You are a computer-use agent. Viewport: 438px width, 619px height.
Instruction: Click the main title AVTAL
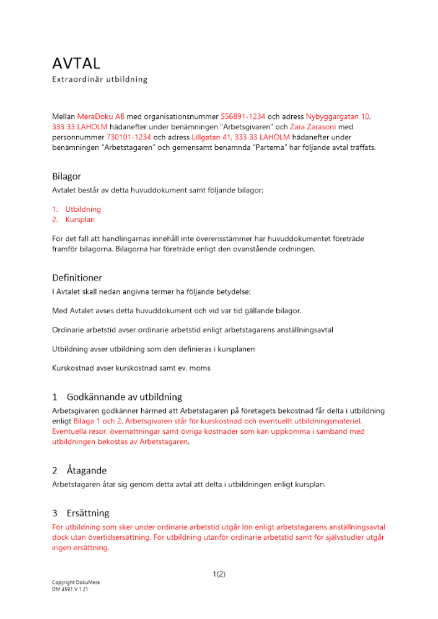click(x=76, y=63)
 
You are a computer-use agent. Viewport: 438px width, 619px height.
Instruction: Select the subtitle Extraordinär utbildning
click(x=99, y=79)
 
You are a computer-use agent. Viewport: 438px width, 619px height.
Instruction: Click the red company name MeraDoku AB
click(x=101, y=116)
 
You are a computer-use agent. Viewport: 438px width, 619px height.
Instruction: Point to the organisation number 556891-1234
click(x=243, y=116)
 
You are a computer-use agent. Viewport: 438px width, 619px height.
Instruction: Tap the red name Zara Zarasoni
click(x=314, y=126)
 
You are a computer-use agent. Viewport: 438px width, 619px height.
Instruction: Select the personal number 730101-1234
click(x=129, y=137)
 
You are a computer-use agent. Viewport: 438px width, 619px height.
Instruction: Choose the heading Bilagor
click(x=66, y=176)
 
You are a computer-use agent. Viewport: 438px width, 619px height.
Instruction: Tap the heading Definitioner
click(x=77, y=277)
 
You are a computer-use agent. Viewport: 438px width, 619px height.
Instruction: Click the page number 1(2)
click(x=219, y=574)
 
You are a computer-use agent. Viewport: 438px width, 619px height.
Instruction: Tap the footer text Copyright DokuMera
click(x=76, y=583)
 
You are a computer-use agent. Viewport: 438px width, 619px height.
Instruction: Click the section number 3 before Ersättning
click(x=55, y=513)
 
